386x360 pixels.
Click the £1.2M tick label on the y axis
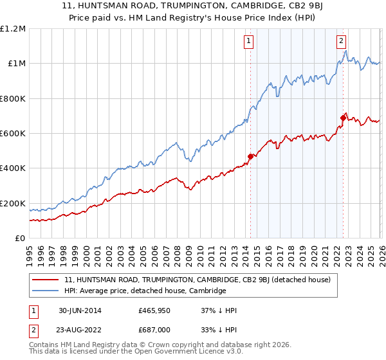(12, 29)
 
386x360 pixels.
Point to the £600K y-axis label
(12, 134)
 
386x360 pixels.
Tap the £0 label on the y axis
(19, 239)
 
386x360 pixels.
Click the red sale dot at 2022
(342, 118)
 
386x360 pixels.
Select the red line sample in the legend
(46, 280)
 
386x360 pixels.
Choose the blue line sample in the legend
(46, 291)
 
